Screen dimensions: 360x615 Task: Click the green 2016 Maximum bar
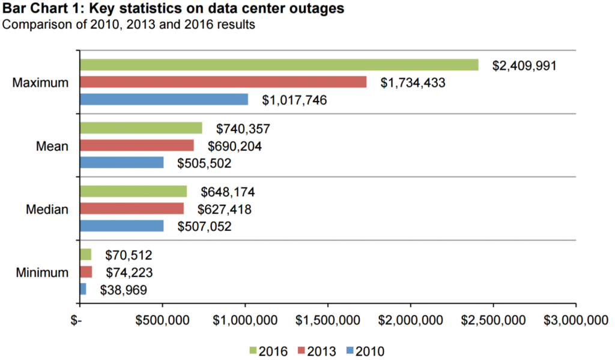[279, 65]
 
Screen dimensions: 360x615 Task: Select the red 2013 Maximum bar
[223, 82]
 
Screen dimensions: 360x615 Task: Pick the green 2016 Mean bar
[141, 128]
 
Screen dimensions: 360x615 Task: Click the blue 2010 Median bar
[122, 226]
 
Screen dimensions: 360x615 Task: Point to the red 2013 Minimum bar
[86, 272]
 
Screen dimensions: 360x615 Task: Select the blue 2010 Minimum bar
[83, 289]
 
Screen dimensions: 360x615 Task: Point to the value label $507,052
[204, 227]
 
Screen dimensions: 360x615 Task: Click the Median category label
[47, 209]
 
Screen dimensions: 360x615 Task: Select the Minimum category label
[41, 272]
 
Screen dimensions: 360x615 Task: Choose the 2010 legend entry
[365, 350]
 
